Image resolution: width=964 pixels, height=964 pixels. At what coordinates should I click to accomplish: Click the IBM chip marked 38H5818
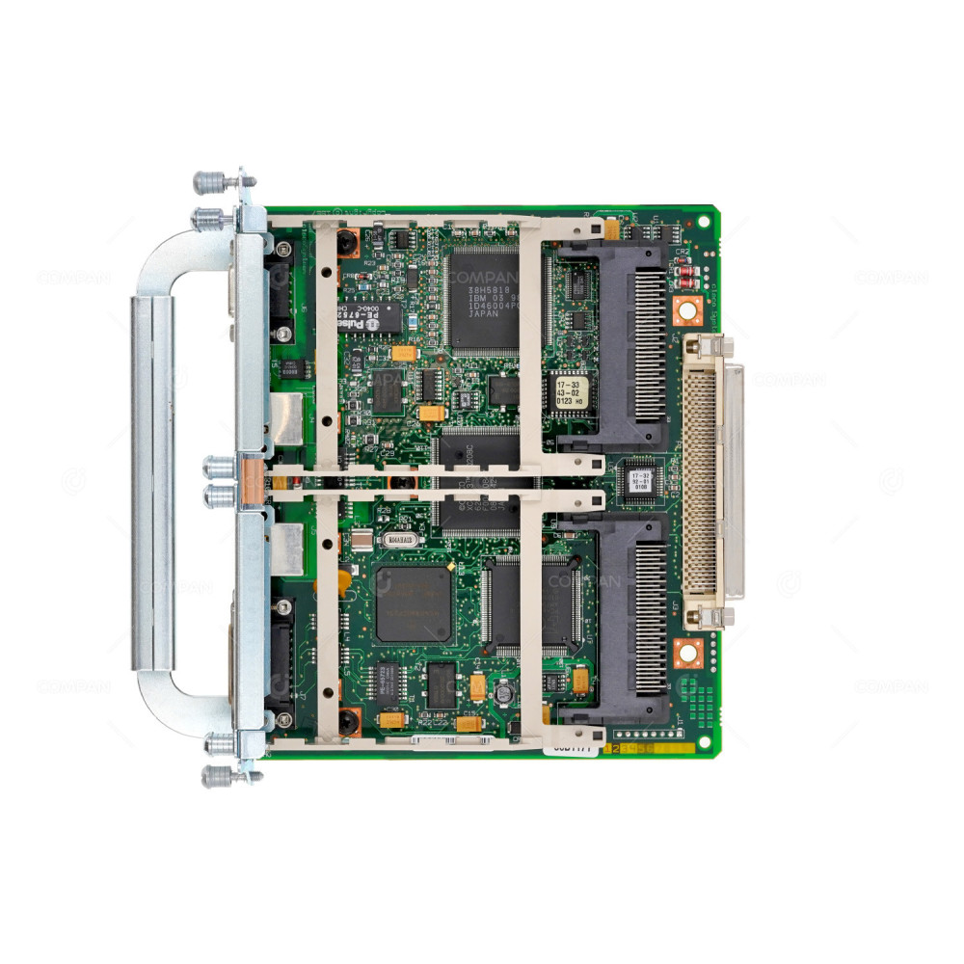pyautogui.click(x=482, y=298)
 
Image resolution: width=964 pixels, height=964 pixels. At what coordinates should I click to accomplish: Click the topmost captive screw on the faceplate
pyautogui.click(x=209, y=181)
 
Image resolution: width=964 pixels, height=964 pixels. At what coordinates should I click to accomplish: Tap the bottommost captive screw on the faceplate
pyautogui.click(x=217, y=776)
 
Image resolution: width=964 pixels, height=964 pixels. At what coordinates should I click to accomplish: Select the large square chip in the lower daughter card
pyautogui.click(x=413, y=604)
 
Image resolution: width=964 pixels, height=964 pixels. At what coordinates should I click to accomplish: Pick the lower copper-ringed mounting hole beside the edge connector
pyautogui.click(x=686, y=653)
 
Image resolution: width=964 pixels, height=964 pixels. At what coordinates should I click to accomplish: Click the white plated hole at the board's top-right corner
pyautogui.click(x=704, y=221)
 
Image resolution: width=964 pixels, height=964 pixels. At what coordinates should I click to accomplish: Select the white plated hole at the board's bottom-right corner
pyautogui.click(x=704, y=740)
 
